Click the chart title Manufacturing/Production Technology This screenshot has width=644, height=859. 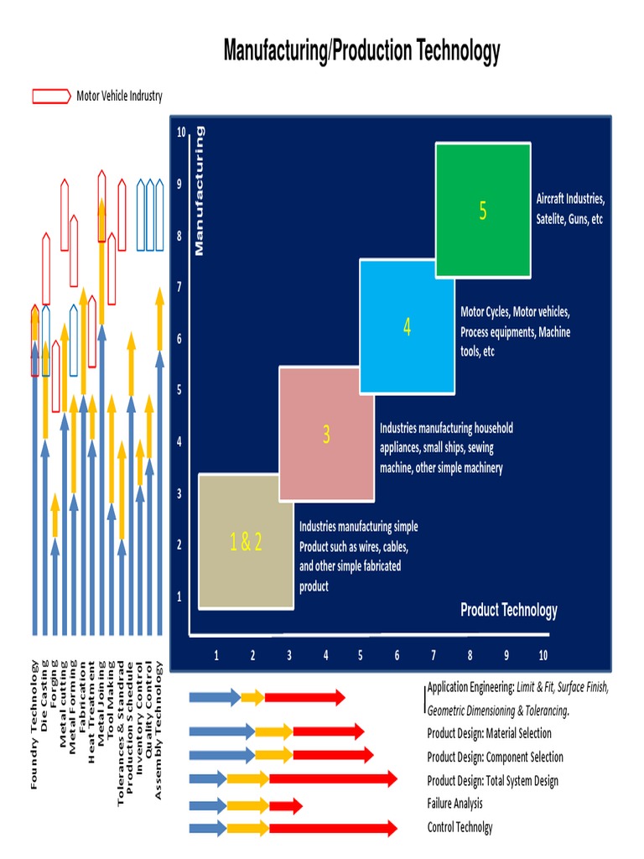point(361,51)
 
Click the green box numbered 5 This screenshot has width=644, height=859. point(483,211)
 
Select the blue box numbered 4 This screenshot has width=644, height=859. point(408,327)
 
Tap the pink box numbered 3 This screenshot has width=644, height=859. point(327,434)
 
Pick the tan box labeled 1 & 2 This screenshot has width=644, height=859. point(246,542)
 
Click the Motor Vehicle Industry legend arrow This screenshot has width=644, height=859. point(51,96)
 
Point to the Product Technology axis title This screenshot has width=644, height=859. point(508,610)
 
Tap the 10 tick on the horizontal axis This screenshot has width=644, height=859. point(543,655)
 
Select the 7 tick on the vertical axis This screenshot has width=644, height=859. point(179,288)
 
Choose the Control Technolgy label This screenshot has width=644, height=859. point(460,827)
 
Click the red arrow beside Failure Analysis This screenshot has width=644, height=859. point(286,807)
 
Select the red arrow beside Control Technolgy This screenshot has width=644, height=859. point(333,829)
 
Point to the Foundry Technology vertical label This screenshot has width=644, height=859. point(34,725)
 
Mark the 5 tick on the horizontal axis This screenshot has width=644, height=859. point(361,655)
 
